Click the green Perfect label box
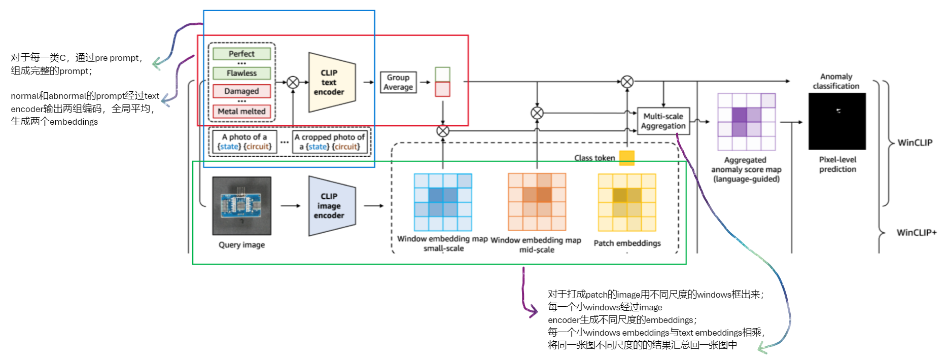click(241, 54)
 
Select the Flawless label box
click(241, 73)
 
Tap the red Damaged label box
click(241, 91)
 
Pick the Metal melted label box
click(241, 111)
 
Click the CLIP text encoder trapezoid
click(331, 82)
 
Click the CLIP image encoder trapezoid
click(331, 206)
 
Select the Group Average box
click(398, 82)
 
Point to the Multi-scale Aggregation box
click(663, 121)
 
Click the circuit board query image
click(241, 205)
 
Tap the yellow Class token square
click(627, 158)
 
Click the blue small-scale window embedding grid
click(443, 202)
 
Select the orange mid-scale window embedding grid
click(537, 202)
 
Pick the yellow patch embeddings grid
click(627, 202)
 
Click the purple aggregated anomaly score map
click(746, 122)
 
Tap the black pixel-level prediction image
click(837, 121)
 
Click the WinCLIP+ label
click(916, 233)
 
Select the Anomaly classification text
click(836, 81)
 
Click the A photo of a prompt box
click(244, 142)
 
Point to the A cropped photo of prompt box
click(330, 142)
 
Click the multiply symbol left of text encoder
click(293, 82)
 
